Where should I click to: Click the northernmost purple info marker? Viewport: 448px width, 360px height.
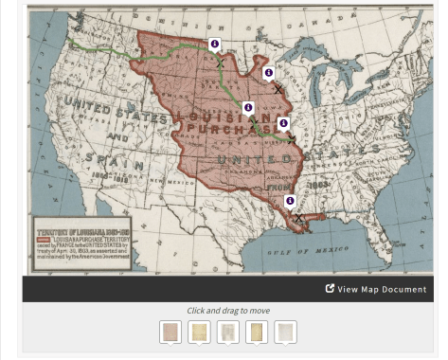(x=214, y=45)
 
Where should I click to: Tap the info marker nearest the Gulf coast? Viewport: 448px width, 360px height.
(x=290, y=201)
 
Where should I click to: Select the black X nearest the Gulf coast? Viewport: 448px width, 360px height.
(x=298, y=219)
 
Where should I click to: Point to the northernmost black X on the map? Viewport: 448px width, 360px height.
(x=220, y=63)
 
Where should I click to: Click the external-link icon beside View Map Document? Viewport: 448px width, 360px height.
(x=330, y=288)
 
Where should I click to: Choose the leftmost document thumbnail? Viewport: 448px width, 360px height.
(x=170, y=332)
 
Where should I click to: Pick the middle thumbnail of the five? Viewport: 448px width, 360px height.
(x=227, y=332)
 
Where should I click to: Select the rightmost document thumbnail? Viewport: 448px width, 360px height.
(x=285, y=332)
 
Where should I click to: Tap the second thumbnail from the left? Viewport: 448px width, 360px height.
(x=199, y=332)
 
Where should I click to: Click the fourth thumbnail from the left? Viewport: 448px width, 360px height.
(x=257, y=332)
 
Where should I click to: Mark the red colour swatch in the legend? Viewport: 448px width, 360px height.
(x=43, y=239)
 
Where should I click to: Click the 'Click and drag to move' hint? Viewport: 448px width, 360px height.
(x=227, y=311)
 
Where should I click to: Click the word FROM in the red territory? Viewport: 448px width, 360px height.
(x=278, y=189)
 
